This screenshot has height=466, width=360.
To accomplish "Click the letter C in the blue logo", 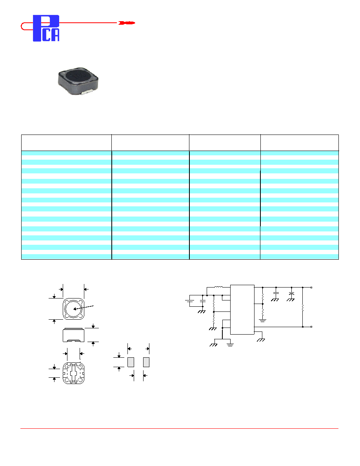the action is pos(46,35).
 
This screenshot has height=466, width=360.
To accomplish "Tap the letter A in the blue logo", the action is pos(55,35).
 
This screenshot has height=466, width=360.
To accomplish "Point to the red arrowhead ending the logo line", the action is pos(127,23).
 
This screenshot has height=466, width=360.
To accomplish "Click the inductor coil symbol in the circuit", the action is pos(218,287).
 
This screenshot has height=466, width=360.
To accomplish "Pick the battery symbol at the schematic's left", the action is pos(189,301).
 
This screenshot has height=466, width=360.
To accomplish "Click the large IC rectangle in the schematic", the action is pos(242,309).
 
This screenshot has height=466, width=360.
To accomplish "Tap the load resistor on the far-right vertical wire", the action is pos(302,308).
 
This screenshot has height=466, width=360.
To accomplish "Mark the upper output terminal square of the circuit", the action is pos(311,288).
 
